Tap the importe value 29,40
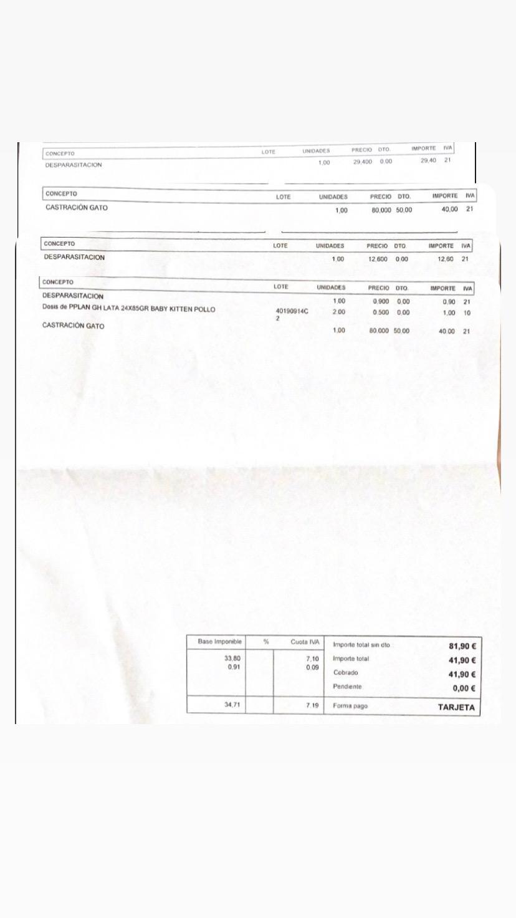(x=429, y=161)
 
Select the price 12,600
(x=378, y=259)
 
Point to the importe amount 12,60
(x=446, y=259)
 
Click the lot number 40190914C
(x=292, y=311)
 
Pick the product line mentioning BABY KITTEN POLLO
(x=128, y=309)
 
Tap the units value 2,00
(x=339, y=312)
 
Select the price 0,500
(x=381, y=312)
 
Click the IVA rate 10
(x=467, y=313)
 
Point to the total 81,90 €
(x=462, y=647)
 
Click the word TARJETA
(x=456, y=708)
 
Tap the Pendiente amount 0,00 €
(x=464, y=688)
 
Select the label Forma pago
(x=351, y=707)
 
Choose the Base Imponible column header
(x=215, y=642)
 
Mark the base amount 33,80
(x=232, y=658)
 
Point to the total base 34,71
(x=232, y=705)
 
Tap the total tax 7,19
(x=312, y=705)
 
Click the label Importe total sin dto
(x=361, y=645)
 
